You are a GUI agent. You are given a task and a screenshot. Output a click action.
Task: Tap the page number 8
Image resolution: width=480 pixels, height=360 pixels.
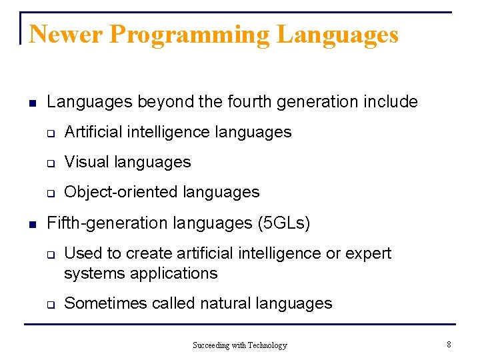(x=449, y=345)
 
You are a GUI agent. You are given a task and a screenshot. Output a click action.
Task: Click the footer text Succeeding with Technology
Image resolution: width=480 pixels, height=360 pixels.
(x=239, y=345)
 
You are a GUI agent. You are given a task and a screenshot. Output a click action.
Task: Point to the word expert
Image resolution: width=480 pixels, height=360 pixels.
(x=367, y=253)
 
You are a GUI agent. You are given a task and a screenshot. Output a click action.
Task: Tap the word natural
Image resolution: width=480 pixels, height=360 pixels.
(x=226, y=303)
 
